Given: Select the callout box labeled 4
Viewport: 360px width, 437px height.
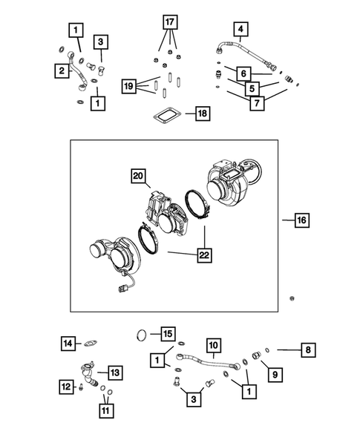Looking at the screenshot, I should [240, 30].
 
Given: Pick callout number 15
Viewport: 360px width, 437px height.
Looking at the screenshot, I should [168, 335].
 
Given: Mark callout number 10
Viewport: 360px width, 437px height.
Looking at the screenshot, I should [213, 345].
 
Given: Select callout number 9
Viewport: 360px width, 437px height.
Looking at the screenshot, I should [275, 375].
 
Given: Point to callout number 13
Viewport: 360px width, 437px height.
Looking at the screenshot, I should [115, 371].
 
